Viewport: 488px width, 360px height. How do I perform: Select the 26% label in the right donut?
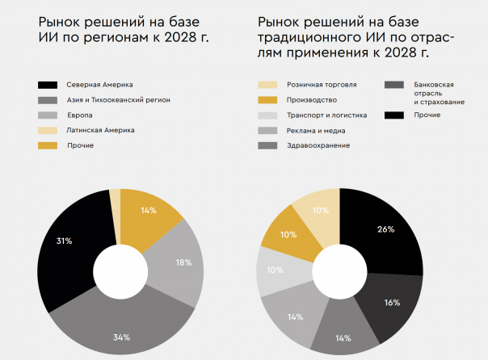385,229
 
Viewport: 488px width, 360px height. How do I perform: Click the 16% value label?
392,302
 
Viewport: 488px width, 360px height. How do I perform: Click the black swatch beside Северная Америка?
46,85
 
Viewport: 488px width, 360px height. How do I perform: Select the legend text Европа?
80,115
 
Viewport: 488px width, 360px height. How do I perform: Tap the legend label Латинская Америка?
101,130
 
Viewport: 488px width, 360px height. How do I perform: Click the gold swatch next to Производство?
267,100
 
